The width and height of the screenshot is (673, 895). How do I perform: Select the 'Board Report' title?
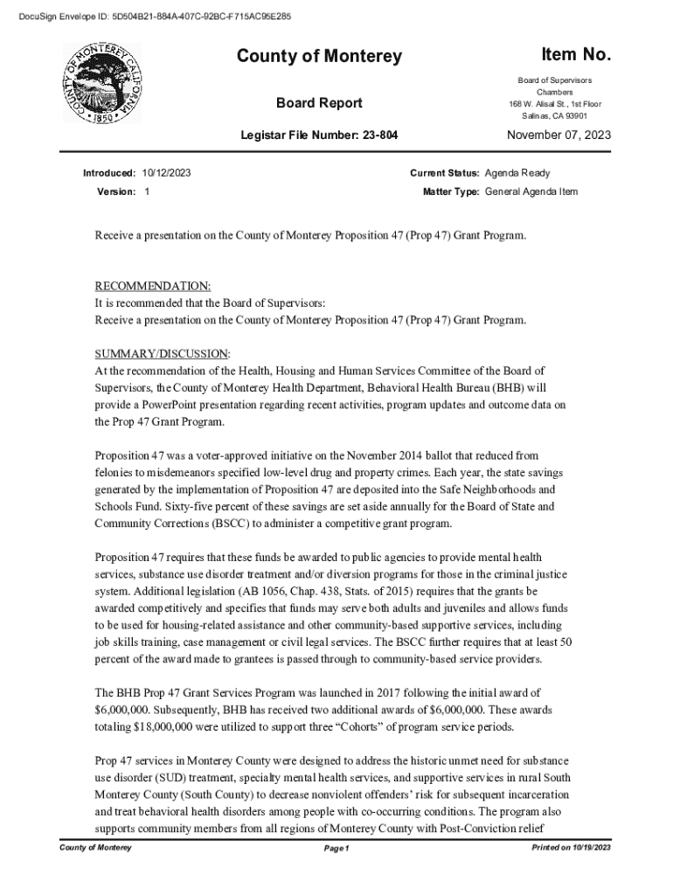click(319, 103)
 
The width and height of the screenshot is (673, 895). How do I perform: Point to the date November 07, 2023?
click(559, 135)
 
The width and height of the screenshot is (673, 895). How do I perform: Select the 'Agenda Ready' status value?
click(517, 173)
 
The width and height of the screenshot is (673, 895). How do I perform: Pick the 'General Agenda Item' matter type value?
click(531, 191)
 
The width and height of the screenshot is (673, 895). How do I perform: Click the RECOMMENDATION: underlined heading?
click(152, 287)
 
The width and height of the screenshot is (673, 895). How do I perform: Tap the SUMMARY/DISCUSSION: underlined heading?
click(163, 354)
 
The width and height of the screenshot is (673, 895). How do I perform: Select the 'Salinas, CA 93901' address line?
click(554, 116)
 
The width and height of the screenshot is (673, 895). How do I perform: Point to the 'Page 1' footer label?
click(336, 849)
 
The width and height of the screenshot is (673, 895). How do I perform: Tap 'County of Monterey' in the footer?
click(95, 848)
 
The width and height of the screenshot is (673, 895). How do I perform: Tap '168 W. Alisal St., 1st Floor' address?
click(555, 104)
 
